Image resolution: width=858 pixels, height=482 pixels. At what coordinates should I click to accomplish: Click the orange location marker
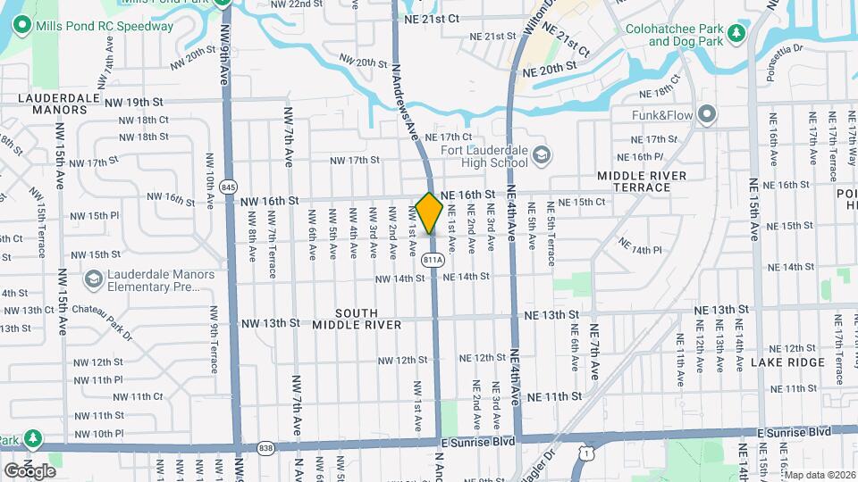click(429, 212)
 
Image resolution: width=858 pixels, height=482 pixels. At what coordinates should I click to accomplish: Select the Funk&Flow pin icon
click(708, 113)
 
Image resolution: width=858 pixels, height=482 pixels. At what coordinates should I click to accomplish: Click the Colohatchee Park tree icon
click(736, 34)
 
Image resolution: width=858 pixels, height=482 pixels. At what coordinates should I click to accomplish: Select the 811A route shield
click(433, 260)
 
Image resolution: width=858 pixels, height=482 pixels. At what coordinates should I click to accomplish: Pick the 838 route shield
click(265, 448)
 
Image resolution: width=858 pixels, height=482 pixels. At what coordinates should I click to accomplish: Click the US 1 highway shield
click(585, 454)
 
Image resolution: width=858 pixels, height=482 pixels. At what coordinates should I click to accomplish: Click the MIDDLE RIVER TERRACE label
click(642, 181)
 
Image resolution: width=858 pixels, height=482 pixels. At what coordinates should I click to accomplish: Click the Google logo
click(29, 470)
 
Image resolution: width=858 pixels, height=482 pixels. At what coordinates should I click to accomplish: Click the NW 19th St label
click(134, 103)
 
